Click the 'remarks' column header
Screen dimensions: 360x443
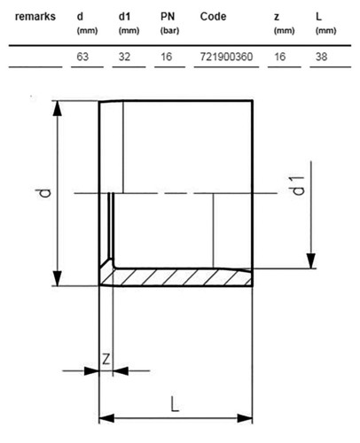pyautogui.click(x=35, y=17)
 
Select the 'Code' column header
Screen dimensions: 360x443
pyautogui.click(x=213, y=17)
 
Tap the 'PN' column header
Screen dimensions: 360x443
pyautogui.click(x=168, y=17)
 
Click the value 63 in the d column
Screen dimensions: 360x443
pyautogui.click(x=82, y=57)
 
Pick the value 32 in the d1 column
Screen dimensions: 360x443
pyautogui.click(x=124, y=57)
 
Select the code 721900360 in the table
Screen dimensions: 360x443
pyautogui.click(x=226, y=57)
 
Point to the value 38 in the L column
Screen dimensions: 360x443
pyautogui.click(x=321, y=57)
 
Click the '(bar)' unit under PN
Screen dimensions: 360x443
pyautogui.click(x=169, y=31)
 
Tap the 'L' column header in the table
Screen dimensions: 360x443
pyautogui.click(x=318, y=17)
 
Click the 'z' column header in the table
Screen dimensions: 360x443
pyautogui.click(x=277, y=18)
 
